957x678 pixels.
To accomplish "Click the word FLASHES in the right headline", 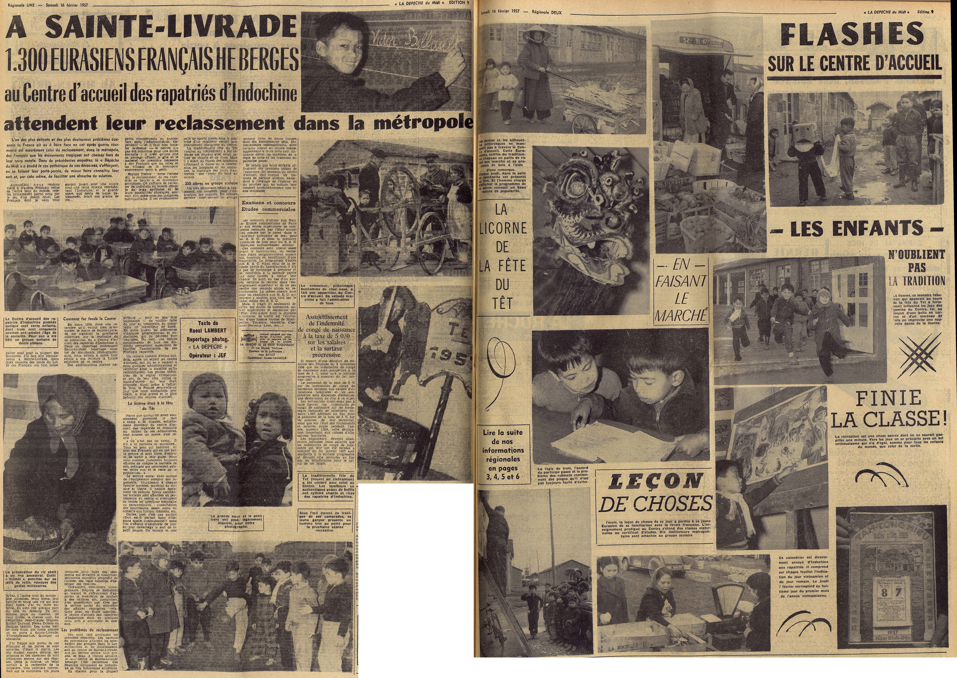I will tap(852, 34).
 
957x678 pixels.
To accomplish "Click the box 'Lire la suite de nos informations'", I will tap(502, 450).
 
